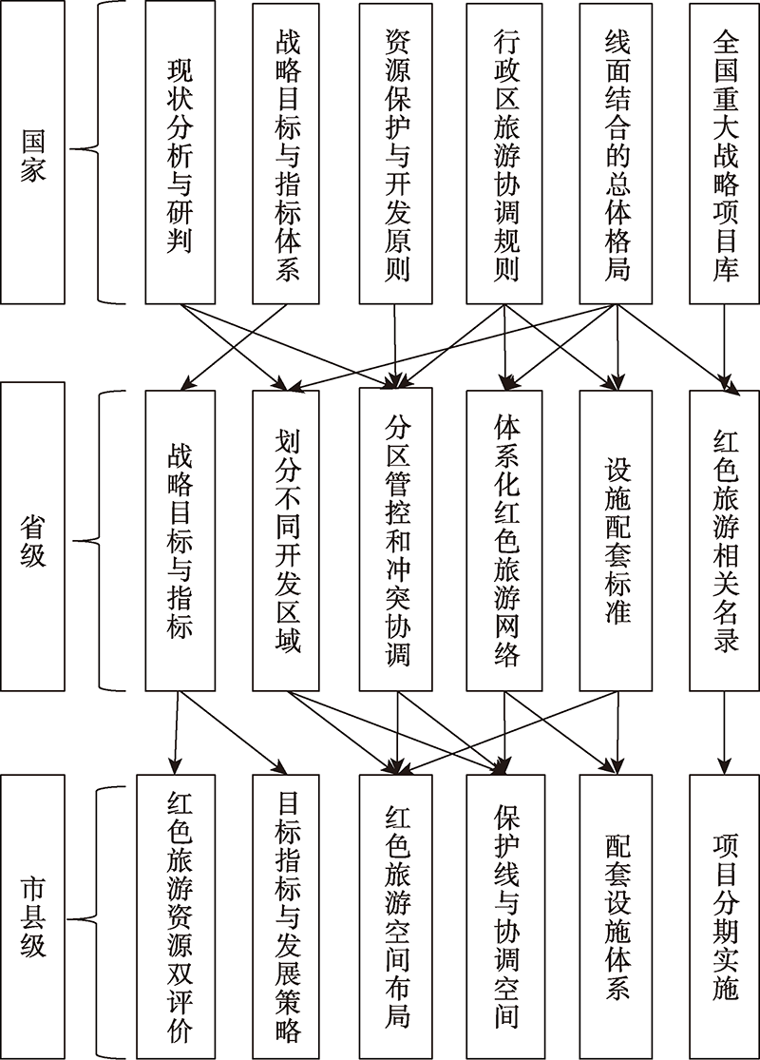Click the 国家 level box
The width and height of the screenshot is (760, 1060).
click(x=32, y=152)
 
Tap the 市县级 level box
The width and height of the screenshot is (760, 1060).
click(x=32, y=916)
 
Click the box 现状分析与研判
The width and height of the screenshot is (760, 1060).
click(x=180, y=152)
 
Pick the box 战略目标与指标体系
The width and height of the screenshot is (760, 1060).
click(x=287, y=152)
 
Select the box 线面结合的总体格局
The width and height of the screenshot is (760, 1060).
click(x=617, y=152)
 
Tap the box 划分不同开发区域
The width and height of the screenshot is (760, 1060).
click(x=287, y=538)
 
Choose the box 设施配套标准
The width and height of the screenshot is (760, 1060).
click(x=617, y=538)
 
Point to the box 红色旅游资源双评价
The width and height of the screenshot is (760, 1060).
click(x=180, y=916)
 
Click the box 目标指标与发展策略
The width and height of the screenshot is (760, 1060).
click(x=287, y=916)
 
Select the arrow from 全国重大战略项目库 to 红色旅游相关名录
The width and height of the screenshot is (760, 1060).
click(x=726, y=346)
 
